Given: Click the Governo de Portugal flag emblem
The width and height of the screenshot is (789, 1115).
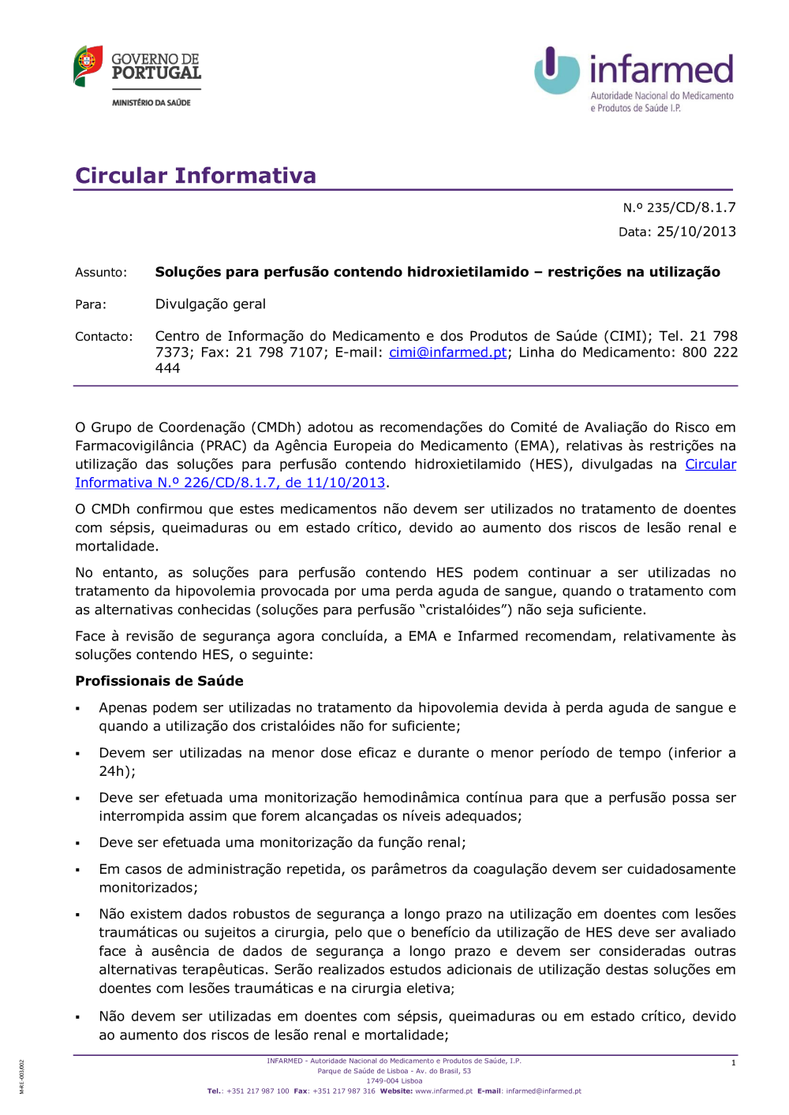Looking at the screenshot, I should (x=88, y=65).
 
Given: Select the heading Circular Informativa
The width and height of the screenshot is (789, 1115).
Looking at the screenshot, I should (x=195, y=175).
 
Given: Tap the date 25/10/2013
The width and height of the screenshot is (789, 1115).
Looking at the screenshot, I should (x=696, y=232).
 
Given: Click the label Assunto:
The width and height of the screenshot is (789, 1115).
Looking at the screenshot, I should (x=101, y=272).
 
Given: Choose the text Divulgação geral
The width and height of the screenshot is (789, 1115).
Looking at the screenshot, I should (x=210, y=304).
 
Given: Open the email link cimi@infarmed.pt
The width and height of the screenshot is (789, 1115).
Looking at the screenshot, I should (x=447, y=352).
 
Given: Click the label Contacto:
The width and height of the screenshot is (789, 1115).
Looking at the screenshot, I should (x=103, y=337).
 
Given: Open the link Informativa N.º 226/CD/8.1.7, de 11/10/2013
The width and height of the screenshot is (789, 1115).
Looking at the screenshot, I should (x=230, y=483).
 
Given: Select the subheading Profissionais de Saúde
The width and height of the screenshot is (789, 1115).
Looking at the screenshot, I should (x=159, y=681).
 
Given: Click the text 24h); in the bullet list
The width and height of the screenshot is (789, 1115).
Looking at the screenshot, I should (x=117, y=771).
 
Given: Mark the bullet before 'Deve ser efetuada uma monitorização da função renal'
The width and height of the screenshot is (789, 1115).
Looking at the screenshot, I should (x=78, y=844).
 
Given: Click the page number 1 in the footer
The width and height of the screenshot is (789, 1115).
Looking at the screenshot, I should (x=733, y=1063).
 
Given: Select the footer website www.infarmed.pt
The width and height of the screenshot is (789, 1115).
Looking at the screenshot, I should (x=443, y=1091).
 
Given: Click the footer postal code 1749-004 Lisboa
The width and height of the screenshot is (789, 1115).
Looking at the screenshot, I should (x=394, y=1081).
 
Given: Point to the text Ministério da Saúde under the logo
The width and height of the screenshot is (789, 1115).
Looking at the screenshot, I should (x=151, y=103).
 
